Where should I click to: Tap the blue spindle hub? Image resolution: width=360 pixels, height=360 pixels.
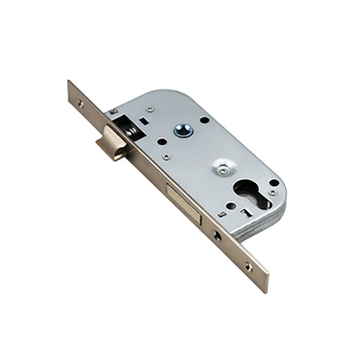tap(181, 128)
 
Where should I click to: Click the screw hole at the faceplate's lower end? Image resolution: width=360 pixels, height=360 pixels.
tap(248, 265)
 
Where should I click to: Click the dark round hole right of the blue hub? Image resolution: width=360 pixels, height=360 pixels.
tap(205, 120)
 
